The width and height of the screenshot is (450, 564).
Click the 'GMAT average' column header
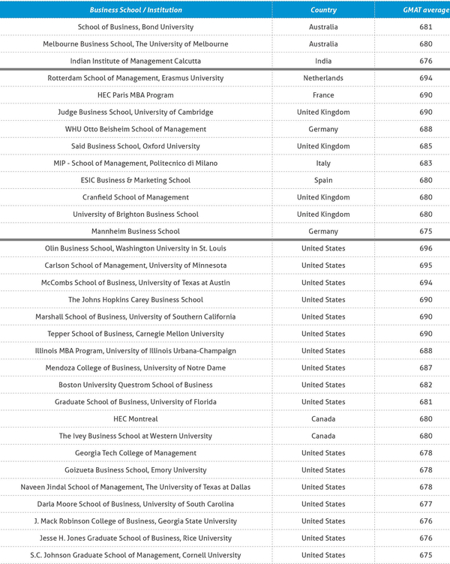(426, 10)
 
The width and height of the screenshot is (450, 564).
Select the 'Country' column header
(323, 10)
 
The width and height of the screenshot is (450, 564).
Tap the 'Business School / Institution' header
(136, 10)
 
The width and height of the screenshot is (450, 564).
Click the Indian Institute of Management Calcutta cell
(136, 61)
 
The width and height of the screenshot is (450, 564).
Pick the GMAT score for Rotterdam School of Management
(426, 78)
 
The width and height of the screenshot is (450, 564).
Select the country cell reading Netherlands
(323, 78)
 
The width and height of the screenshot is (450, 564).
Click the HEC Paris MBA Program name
(136, 95)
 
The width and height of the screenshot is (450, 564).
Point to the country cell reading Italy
(323, 163)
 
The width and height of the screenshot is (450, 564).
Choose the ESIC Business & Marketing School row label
(136, 180)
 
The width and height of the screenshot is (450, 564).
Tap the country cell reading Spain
(323, 180)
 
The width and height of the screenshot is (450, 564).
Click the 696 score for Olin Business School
(426, 248)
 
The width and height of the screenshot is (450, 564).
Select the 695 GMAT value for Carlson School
(426, 265)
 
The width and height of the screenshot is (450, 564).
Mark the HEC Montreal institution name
(136, 418)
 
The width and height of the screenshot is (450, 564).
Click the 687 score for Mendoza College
(426, 367)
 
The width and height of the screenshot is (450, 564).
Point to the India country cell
(323, 61)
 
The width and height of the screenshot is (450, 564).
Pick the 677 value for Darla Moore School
(426, 504)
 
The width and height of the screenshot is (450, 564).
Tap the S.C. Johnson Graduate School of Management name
(136, 555)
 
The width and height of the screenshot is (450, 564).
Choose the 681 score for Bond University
(426, 27)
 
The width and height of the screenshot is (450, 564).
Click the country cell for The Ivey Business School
(323, 436)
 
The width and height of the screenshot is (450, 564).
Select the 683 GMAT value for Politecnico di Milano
(426, 163)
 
